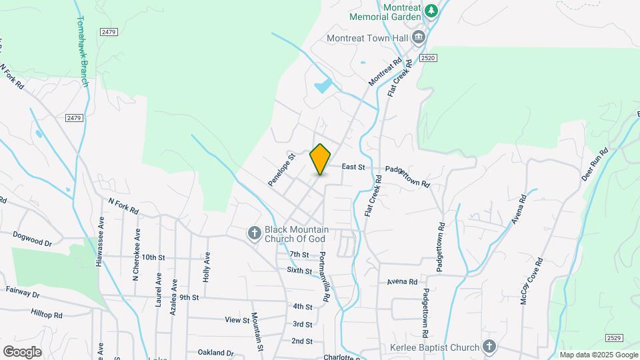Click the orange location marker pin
tap(320, 159)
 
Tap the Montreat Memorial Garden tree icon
tap(431, 10)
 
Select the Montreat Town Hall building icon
tap(419, 37)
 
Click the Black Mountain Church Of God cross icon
tap(253, 233)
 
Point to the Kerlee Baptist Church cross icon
tap(489, 347)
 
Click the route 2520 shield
tap(428, 59)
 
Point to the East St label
tap(354, 167)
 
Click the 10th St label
tap(153, 257)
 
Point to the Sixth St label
tap(299, 271)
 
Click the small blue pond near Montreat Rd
tap(323, 86)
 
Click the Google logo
tap(22, 351)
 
